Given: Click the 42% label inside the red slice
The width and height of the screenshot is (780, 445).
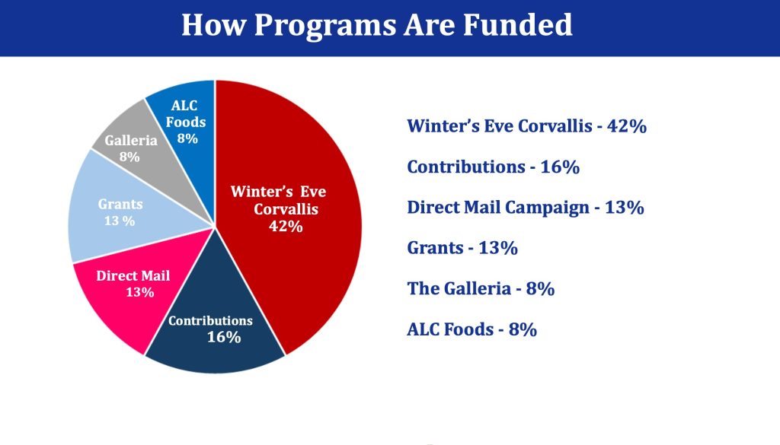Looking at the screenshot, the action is pos(286,227).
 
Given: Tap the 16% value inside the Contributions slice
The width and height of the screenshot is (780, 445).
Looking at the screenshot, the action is pos(224,337).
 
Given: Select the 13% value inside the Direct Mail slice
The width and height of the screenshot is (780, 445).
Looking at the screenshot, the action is pos(140,292).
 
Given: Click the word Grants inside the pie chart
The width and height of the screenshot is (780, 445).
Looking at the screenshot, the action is pos(120,204).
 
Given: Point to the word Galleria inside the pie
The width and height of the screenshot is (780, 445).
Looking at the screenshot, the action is pos(131,141).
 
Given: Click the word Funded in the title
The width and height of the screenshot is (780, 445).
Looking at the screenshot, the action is pos(517,25).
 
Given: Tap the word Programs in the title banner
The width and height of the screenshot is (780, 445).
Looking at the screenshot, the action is pos(324,26).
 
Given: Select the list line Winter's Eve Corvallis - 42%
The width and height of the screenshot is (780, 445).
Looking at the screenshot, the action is pos(527,126).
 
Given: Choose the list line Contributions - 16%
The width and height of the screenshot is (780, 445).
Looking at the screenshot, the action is pos(494,167).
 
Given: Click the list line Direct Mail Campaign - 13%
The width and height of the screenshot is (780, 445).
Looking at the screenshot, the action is pos(526,208).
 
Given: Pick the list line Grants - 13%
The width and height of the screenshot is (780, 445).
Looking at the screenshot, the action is pos(462,248).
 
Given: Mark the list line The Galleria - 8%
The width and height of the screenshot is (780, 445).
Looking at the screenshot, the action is pos(481,288).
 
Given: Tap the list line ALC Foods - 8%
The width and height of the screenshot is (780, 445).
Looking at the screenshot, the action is pos(472,329).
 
